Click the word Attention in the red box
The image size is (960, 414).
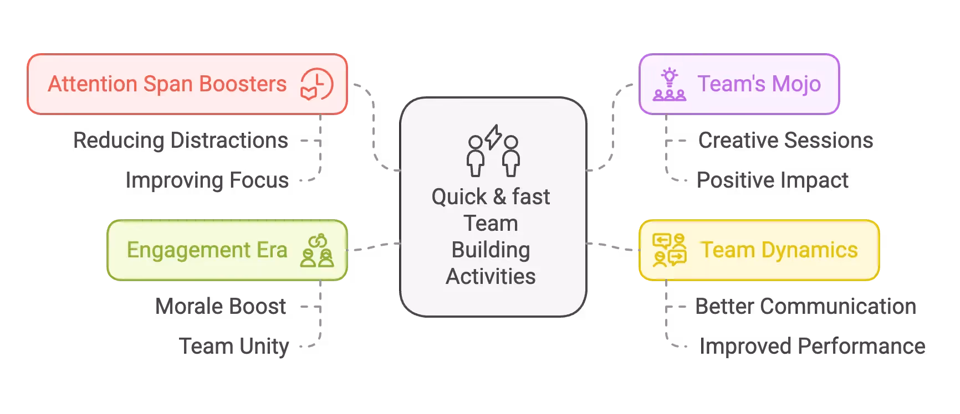coord(93,84)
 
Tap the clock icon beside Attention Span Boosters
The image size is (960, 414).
coord(316,85)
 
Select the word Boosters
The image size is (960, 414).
coord(243,84)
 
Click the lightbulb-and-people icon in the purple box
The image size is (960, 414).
coord(670,85)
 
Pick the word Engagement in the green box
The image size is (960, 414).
coord(188,250)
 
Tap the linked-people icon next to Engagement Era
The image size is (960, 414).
coord(317,251)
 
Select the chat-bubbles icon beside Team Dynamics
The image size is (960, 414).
coord(670,250)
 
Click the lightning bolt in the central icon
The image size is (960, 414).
coord(493,137)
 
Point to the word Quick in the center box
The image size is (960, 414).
coord(459,197)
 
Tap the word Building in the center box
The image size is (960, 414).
coord(491,250)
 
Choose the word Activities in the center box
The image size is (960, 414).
coord(491,277)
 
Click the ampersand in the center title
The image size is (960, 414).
coord(499,197)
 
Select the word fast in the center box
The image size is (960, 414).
coord(531,197)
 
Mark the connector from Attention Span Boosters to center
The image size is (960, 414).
coord(375,127)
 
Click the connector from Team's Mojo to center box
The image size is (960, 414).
coord(614,127)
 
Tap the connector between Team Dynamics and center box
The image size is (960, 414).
coord(612,246)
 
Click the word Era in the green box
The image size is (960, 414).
coord(272,250)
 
